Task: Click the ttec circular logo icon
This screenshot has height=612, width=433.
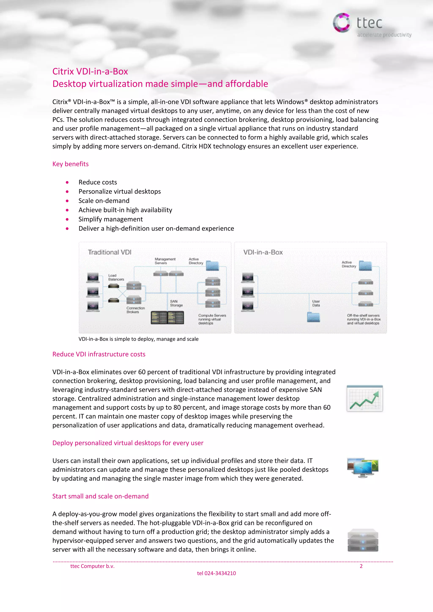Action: coord(341,23)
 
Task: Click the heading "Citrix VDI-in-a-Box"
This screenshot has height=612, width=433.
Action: coord(90,71)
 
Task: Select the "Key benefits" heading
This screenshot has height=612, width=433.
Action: coord(70,164)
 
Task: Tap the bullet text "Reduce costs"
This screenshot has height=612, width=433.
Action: coord(98,182)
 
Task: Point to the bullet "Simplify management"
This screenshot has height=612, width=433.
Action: coord(110,219)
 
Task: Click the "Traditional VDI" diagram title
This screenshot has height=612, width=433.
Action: coord(110,252)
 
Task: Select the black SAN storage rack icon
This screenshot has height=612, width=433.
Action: coord(167,317)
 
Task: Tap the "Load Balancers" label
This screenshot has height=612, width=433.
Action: coord(116,277)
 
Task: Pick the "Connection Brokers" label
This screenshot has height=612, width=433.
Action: coord(136,310)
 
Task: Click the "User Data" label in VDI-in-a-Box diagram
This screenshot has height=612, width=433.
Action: coord(316,303)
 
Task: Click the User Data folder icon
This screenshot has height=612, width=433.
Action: coord(313,317)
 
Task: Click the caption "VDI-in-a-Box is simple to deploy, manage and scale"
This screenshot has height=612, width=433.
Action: coord(138,339)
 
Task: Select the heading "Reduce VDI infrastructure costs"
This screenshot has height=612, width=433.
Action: coord(99,354)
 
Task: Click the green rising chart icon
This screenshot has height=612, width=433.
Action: coord(364,399)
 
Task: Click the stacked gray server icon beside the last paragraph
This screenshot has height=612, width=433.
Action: coord(363,540)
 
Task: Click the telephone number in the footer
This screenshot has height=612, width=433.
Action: coord(216,573)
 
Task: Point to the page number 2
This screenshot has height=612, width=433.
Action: coord(361,566)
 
